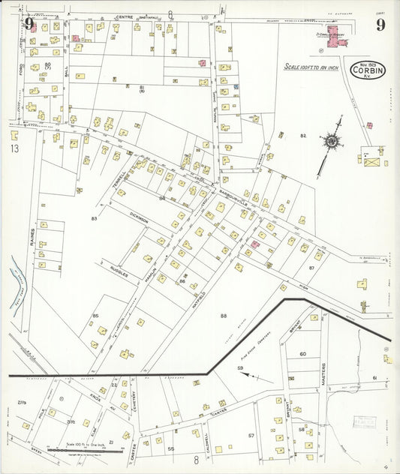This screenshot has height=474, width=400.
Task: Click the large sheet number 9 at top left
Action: (x=29, y=23)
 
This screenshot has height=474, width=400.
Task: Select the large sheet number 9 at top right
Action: (x=380, y=24)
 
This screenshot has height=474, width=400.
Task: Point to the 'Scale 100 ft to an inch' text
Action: (x=311, y=67)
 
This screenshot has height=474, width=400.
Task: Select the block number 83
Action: (x=94, y=218)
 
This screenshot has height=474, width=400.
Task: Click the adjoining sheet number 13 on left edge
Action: (x=14, y=148)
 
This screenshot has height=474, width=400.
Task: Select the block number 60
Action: (x=302, y=354)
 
